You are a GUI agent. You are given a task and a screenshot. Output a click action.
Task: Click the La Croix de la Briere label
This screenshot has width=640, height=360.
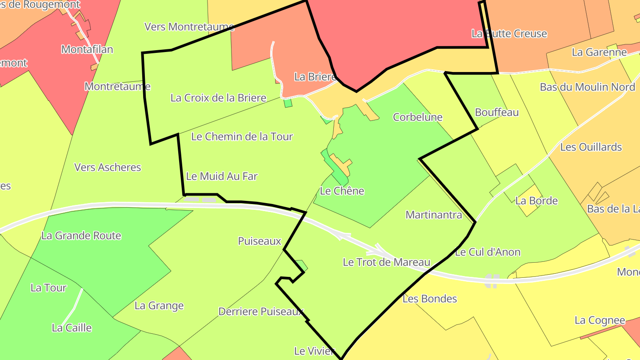(218, 98)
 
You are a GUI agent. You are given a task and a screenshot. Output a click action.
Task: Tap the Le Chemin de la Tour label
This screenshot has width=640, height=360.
(242, 136)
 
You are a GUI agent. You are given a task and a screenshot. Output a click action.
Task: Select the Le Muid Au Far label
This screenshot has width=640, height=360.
(222, 176)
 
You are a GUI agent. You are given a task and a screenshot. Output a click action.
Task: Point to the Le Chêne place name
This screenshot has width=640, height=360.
(342, 191)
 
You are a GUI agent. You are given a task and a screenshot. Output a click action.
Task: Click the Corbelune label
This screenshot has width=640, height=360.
(417, 117)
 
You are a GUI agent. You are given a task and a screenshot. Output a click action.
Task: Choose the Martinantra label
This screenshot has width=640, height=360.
(434, 215)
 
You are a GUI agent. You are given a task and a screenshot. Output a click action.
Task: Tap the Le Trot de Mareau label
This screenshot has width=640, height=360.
(386, 262)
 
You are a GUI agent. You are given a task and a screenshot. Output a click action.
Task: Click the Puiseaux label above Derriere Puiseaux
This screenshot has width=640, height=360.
(260, 241)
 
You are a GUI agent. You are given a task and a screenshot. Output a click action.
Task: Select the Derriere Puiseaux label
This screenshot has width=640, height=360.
(260, 312)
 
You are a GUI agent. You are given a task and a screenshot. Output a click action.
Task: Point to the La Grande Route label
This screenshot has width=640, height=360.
(81, 236)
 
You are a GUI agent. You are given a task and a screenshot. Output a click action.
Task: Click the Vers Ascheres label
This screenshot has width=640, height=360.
(108, 168)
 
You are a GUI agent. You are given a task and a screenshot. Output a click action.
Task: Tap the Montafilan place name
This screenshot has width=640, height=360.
(87, 49)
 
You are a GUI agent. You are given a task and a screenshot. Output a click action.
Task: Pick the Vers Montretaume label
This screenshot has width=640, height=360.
(189, 27)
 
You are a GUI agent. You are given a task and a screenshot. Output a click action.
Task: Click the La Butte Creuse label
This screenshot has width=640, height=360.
(509, 34)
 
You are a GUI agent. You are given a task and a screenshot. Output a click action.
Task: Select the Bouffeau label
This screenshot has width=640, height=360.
(496, 112)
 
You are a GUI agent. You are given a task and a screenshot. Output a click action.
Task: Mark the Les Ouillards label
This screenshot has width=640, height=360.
(591, 147)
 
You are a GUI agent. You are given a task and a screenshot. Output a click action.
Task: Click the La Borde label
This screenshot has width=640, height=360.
(536, 201)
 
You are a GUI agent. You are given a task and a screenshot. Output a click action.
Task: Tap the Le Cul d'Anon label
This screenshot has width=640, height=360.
(488, 252)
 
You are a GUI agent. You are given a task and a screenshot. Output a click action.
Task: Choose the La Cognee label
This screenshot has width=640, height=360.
(600, 320)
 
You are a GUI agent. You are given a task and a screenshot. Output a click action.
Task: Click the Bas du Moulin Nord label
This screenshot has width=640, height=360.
(587, 87)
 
